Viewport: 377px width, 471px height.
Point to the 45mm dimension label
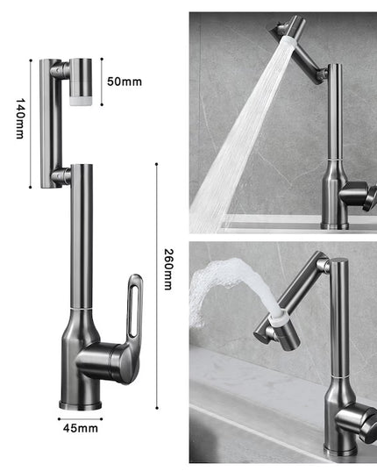[x=81, y=429]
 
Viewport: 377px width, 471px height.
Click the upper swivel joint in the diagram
[x=56, y=68]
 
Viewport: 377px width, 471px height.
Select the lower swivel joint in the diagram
[x=60, y=177]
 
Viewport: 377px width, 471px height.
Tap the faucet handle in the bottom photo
[x=356, y=422]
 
